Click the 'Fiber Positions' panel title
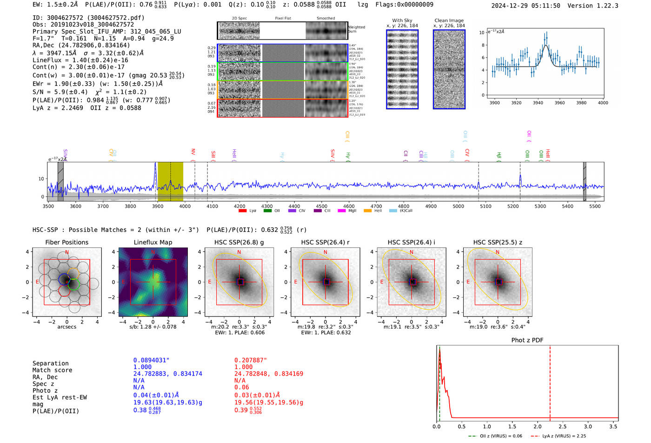coord(66,242)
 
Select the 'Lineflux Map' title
coord(153,242)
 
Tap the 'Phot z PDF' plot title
coord(527,340)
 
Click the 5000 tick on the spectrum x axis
coord(458,206)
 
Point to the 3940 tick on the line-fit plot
coord(538,103)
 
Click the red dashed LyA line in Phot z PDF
coord(550,381)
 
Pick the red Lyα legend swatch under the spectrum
coord(242,211)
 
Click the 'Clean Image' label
coord(449,20)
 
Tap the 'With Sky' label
coord(402,20)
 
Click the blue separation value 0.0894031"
coord(152,360)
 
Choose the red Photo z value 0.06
coord(242,387)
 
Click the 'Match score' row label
coord(53,370)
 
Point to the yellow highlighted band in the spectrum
coord(170,181)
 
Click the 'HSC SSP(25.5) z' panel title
coord(498,242)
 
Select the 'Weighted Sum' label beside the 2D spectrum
coord(357,29)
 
